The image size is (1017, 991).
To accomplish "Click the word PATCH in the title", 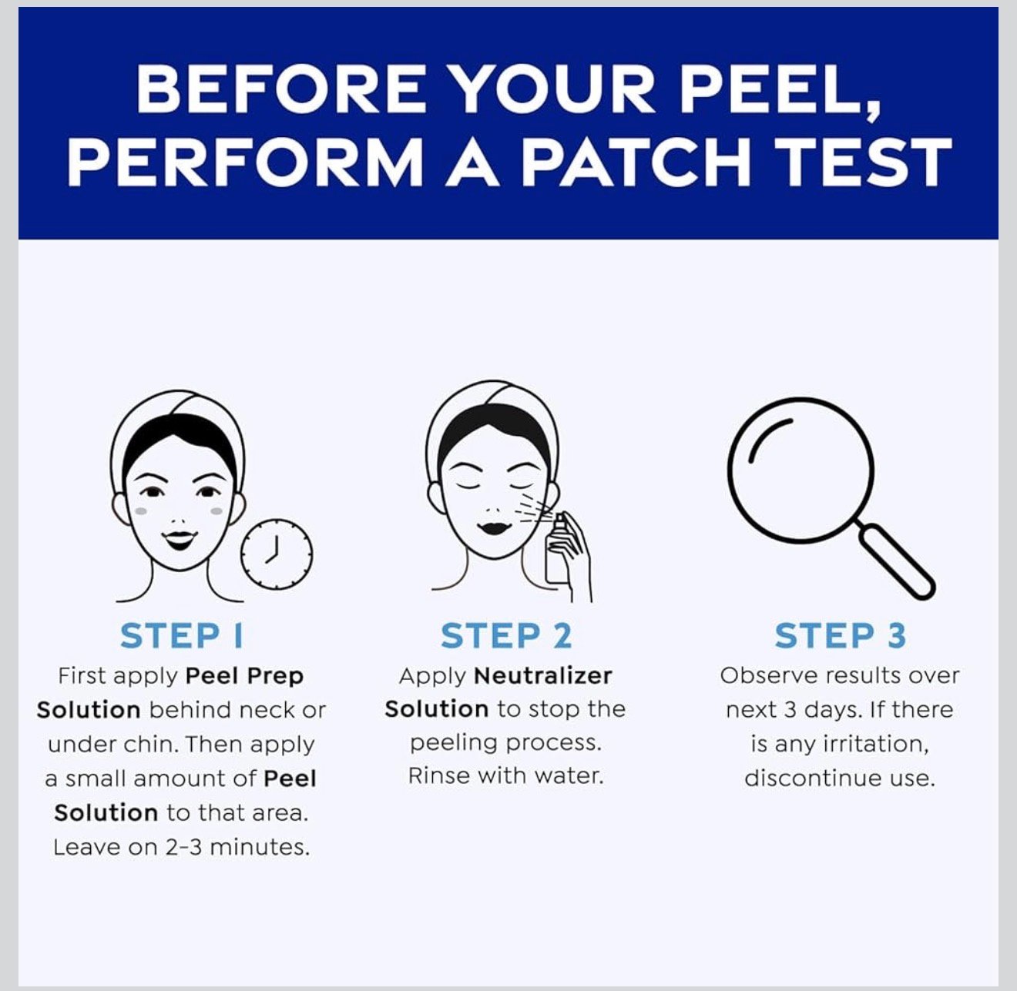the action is point(636,162).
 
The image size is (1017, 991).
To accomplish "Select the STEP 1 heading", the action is point(181,636).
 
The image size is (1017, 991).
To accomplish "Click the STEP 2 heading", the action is point(506,636).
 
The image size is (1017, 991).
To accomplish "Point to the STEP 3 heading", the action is point(840,636).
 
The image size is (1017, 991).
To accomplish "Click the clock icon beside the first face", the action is point(277,554).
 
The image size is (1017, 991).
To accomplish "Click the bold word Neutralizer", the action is point(542,676).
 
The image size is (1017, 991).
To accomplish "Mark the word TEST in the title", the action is point(862,162).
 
